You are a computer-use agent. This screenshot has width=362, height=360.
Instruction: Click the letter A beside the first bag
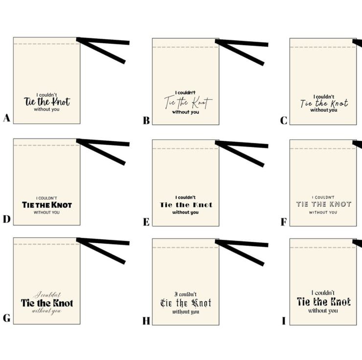click(7, 118)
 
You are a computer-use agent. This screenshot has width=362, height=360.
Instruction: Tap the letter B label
click(146, 120)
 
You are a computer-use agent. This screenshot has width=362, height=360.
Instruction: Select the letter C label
click(284, 120)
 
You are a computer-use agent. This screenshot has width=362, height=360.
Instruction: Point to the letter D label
click(7, 219)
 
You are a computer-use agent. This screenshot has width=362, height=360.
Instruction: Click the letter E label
click(146, 222)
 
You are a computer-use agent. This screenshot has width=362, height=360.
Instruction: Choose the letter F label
click(284, 222)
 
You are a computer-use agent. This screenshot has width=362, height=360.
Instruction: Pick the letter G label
click(7, 318)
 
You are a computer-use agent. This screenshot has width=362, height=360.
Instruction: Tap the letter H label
click(146, 321)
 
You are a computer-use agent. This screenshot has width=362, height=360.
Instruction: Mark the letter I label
click(284, 321)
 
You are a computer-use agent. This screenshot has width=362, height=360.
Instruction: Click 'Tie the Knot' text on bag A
click(47, 102)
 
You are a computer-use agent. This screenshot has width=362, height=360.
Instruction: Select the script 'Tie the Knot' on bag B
click(188, 102)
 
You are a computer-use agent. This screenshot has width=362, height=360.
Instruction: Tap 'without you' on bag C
click(324, 110)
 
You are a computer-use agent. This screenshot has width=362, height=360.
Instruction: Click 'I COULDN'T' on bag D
click(46, 198)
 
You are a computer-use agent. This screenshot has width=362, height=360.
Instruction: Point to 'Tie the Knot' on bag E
click(186, 204)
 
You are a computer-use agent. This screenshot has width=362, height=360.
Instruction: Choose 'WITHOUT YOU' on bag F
click(323, 212)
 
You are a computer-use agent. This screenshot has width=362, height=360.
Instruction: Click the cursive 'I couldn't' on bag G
click(47, 294)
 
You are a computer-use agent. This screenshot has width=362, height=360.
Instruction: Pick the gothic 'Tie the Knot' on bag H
click(186, 303)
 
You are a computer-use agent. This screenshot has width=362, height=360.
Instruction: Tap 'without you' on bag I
click(323, 311)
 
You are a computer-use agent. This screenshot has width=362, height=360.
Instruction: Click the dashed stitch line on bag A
click(46, 44)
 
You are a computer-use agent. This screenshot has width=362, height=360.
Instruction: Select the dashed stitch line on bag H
click(185, 247)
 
